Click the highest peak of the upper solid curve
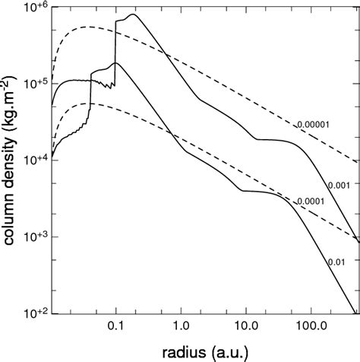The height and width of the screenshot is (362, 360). tap(134, 14)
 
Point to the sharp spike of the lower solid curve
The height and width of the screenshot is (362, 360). tap(115, 62)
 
